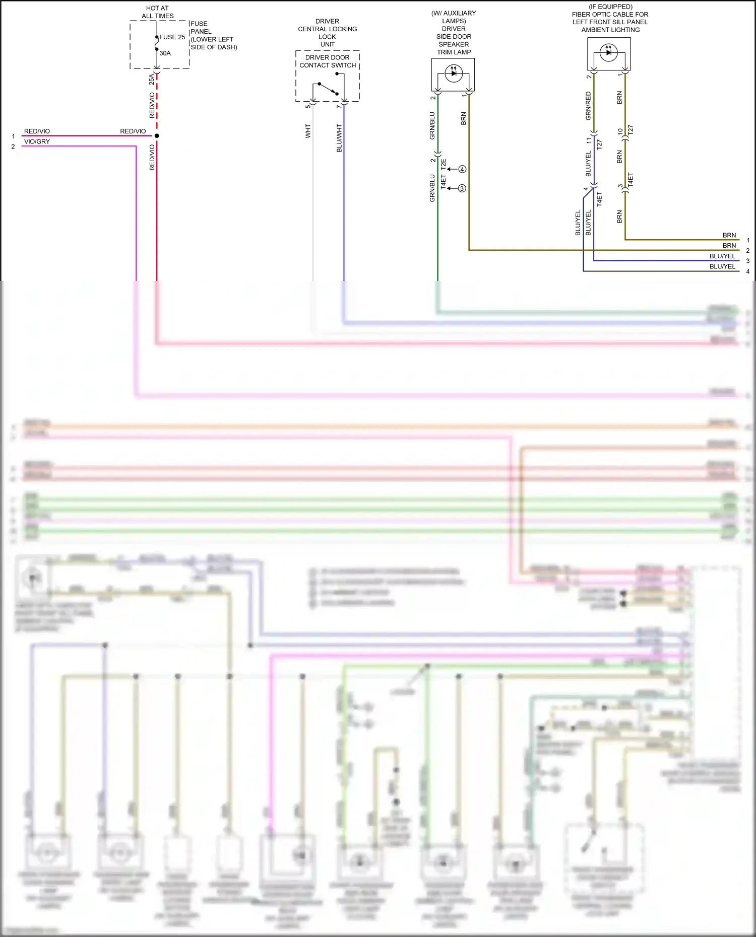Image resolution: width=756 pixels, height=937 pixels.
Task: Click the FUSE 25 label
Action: point(172,37)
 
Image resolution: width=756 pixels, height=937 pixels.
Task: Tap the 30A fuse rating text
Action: point(165,53)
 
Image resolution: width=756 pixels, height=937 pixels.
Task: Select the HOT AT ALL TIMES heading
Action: point(158,12)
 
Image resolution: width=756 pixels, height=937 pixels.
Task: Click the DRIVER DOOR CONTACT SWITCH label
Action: point(328,61)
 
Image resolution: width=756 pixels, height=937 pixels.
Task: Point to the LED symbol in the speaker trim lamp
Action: point(454,73)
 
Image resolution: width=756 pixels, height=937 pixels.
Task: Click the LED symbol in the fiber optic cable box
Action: point(609,52)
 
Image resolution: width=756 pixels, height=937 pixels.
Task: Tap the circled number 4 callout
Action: point(462,169)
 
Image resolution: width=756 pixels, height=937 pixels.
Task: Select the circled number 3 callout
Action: point(462,188)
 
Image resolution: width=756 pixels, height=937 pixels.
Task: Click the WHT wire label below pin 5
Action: point(308,131)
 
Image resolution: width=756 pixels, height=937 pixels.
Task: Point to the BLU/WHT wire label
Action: point(339,138)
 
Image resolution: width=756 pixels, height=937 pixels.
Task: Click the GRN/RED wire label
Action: point(588,106)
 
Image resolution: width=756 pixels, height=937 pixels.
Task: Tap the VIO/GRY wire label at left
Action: point(37,141)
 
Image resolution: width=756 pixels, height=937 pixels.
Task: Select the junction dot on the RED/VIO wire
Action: point(157,136)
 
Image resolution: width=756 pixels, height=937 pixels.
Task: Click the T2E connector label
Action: point(444,164)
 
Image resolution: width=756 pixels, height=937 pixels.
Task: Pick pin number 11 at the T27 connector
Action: point(588,140)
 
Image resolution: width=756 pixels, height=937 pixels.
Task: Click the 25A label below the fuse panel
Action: point(151,79)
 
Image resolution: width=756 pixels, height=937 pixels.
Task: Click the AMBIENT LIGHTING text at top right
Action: point(610,30)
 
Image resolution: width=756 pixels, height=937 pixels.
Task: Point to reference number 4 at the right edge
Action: point(747,271)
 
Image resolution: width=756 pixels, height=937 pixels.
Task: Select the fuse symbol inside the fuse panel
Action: point(157,43)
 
